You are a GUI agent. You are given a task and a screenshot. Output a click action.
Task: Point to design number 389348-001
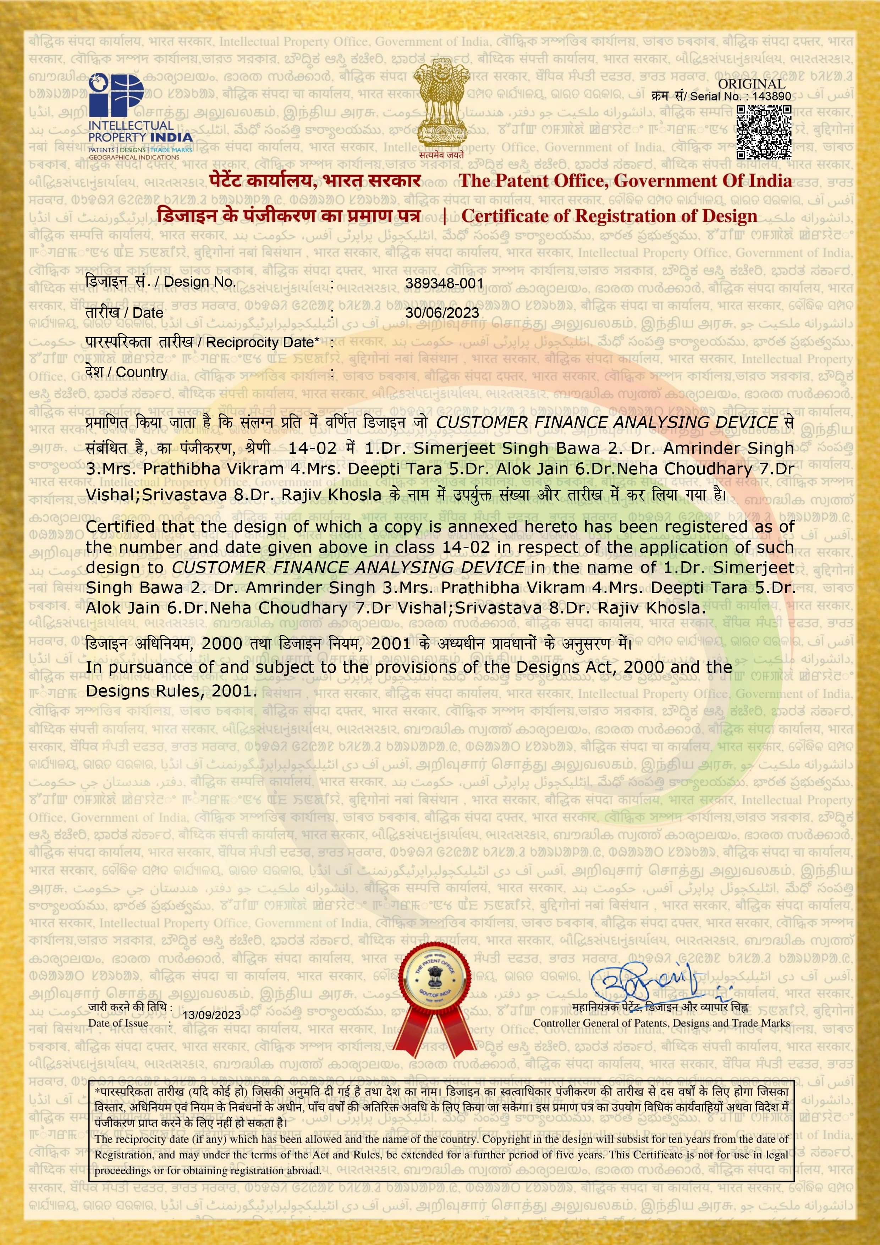tap(444, 283)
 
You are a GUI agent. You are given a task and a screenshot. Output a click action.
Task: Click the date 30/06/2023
tap(442, 313)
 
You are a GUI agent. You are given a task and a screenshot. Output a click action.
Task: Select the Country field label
tap(126, 372)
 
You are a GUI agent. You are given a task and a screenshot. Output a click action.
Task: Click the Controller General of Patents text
tap(661, 1023)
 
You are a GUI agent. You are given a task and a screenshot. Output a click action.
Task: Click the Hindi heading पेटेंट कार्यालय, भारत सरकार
tap(315, 181)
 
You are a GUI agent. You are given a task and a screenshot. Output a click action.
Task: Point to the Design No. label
tap(160, 282)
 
